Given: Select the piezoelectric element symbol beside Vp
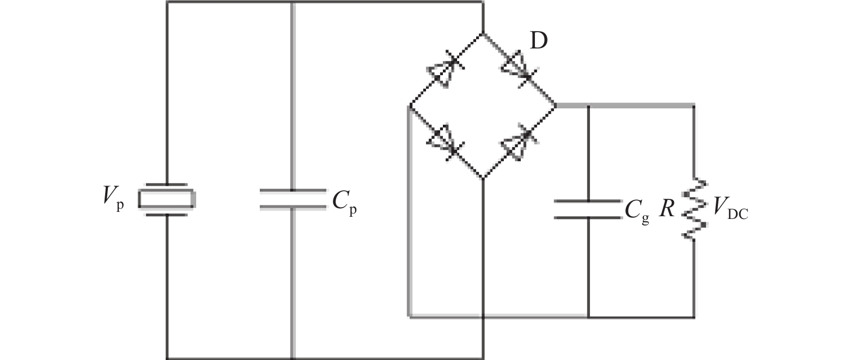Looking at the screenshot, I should click(166, 199).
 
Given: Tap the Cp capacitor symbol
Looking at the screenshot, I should click(293, 199).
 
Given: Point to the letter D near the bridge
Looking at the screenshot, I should click(538, 42).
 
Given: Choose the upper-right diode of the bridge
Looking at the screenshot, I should click(519, 68).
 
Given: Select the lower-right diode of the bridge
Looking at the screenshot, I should click(519, 141).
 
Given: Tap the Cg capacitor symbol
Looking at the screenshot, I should click(588, 210).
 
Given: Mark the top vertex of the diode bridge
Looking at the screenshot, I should click(483, 33).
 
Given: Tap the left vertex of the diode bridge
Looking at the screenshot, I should click(409, 105).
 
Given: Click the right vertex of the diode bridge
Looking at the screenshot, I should click(556, 105).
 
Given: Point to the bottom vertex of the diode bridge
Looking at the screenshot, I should click(483, 177).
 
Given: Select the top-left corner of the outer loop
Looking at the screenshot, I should click(167, 3).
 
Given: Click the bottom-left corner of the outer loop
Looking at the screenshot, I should click(167, 358).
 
